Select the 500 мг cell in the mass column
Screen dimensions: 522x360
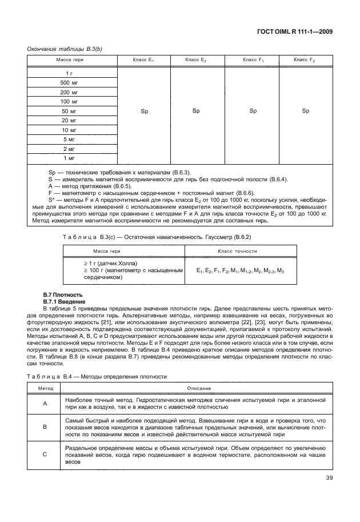69,83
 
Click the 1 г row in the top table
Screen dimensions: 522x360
69,74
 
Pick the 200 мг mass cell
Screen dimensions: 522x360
69,92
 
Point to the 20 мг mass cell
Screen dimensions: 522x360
69,120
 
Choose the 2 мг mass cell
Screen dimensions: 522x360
69,148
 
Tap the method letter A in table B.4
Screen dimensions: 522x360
45,403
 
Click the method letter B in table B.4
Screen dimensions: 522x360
45,427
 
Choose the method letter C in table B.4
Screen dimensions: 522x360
45,454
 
